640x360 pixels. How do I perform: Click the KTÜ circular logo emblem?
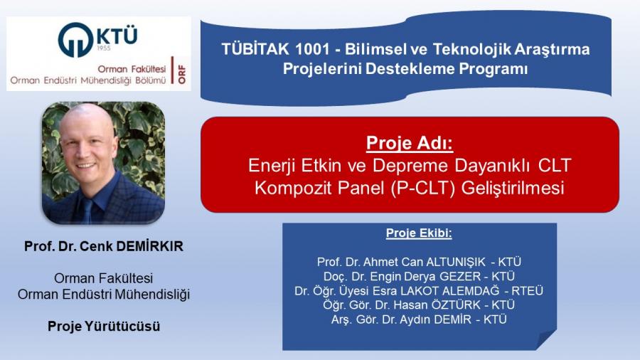(x=75, y=40)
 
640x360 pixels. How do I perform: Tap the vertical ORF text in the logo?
(x=181, y=74)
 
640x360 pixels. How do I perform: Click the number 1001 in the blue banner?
(x=312, y=49)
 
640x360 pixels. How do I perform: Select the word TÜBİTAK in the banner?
(x=255, y=48)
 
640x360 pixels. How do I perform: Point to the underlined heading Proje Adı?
(x=410, y=143)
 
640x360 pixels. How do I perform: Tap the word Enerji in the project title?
(x=272, y=166)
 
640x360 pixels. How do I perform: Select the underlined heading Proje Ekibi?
(x=419, y=233)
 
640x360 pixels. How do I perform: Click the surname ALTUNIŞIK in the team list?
(x=456, y=262)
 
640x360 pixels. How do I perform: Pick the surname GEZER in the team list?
(x=460, y=276)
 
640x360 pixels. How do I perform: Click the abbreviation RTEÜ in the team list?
(x=528, y=290)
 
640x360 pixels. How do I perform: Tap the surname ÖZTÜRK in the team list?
(x=456, y=305)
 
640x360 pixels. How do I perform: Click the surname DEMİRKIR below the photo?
(x=150, y=246)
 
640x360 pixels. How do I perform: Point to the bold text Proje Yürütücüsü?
(x=104, y=326)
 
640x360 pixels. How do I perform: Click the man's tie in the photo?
(x=87, y=211)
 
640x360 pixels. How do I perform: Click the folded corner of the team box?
(x=546, y=339)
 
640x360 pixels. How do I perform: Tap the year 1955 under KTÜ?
(x=104, y=48)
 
